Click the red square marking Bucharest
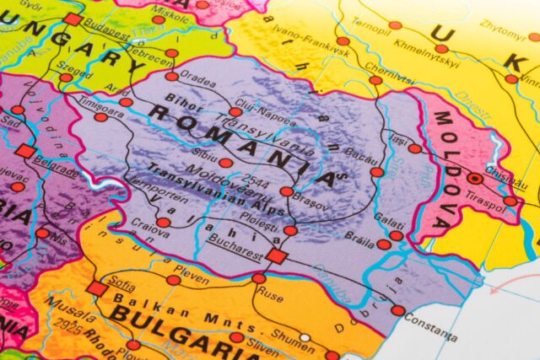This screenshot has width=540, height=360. [277, 256]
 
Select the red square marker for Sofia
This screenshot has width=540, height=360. [97, 288]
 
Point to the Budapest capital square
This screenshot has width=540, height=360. [73, 19]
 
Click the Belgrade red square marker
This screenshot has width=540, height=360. [25, 152]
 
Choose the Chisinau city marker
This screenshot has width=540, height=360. [475, 178]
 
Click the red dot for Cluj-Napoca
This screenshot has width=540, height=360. [235, 111]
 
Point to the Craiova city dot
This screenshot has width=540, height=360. [163, 223]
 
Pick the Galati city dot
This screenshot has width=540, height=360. [396, 235]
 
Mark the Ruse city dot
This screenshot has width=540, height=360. [259, 278]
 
